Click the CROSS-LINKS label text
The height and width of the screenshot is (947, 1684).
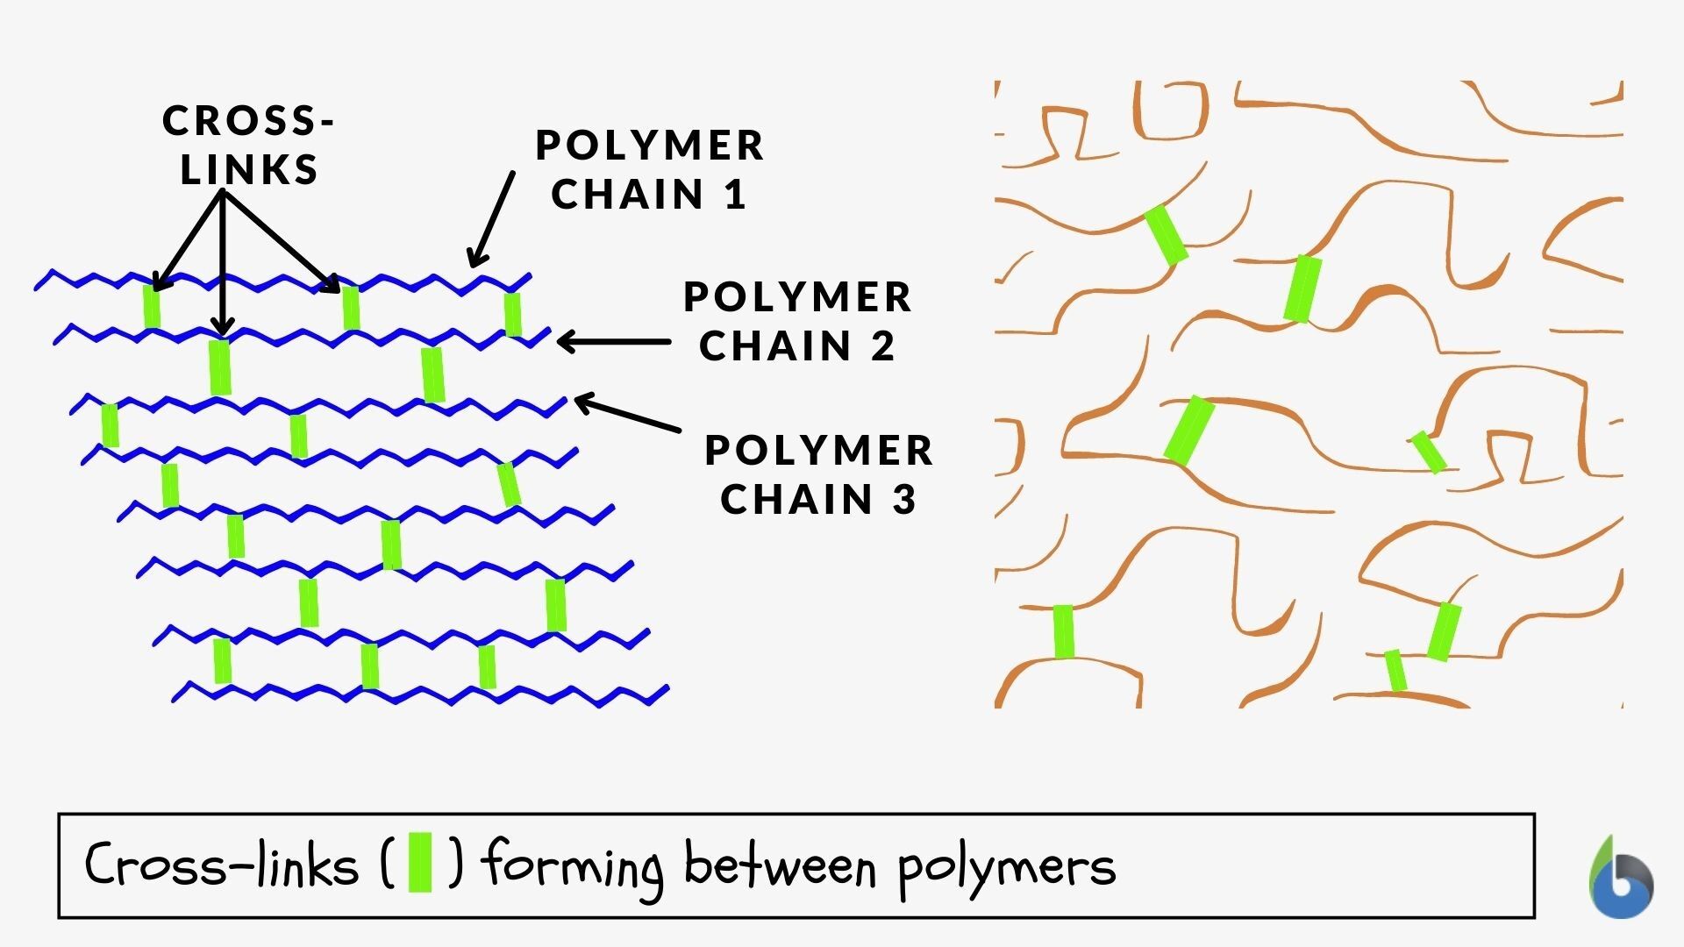point(249,145)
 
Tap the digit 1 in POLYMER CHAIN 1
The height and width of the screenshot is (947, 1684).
point(735,195)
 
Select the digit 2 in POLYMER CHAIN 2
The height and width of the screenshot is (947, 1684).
point(883,346)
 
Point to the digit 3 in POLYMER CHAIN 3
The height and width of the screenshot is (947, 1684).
point(905,500)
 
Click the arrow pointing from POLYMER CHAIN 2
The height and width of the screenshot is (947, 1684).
point(613,342)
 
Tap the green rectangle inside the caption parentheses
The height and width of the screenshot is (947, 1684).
point(421,864)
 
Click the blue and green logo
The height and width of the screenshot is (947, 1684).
point(1621,880)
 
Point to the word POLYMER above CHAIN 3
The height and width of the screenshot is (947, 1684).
point(819,451)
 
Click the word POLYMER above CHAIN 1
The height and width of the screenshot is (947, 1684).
point(650,146)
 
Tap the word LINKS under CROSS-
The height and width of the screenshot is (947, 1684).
point(249,170)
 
